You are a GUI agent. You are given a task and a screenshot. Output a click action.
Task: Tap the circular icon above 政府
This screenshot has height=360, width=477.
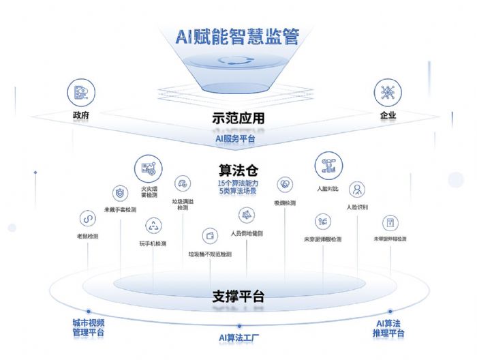[x=80, y=93]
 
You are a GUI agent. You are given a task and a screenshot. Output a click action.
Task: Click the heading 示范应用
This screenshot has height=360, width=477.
[x=238, y=118]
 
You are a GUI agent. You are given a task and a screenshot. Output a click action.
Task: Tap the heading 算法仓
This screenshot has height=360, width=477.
[x=236, y=169]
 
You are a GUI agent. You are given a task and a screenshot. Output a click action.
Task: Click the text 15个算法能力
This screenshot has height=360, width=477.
[x=236, y=183]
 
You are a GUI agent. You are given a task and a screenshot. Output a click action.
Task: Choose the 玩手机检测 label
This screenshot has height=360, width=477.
[x=153, y=243]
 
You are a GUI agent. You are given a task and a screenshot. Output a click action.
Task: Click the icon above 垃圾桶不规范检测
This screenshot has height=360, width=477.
[x=209, y=236]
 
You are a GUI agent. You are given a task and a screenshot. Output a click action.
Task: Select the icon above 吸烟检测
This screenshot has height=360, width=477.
[x=284, y=184]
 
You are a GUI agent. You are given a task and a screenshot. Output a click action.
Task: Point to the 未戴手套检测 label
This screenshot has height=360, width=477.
[x=119, y=209]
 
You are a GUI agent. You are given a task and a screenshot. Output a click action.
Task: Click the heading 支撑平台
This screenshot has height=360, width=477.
[x=237, y=297]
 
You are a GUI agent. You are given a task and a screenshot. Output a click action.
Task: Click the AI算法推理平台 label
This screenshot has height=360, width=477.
[x=389, y=328]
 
